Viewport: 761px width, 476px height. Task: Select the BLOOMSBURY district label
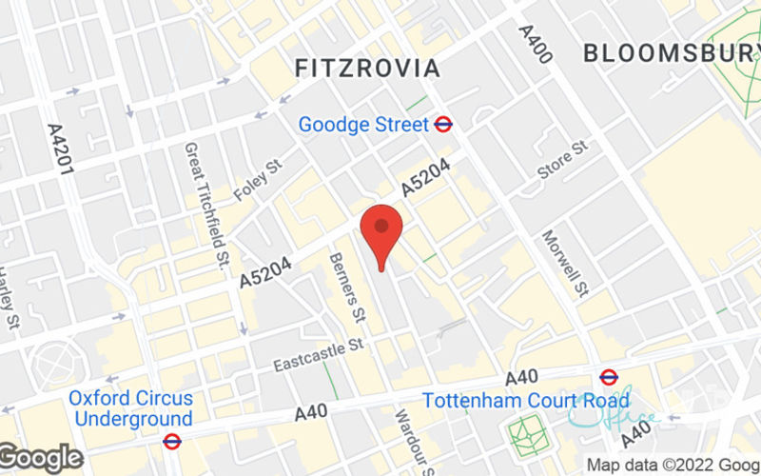pos(672,52)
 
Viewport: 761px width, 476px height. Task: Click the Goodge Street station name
pos(363,124)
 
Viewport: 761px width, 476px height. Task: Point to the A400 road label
pos(536,44)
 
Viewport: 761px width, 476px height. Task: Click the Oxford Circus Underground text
pos(131,408)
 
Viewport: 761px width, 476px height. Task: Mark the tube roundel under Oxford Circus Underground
pos(172,442)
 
